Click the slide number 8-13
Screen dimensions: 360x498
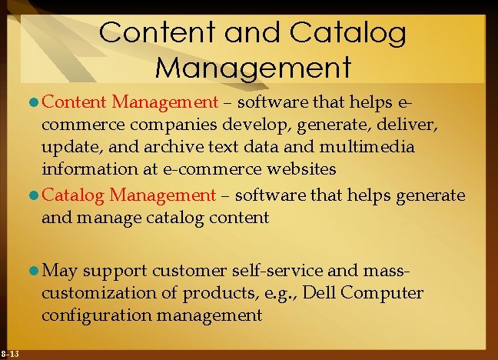tap(10, 353)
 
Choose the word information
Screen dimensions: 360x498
tap(85, 168)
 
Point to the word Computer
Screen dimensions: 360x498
tap(381, 293)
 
